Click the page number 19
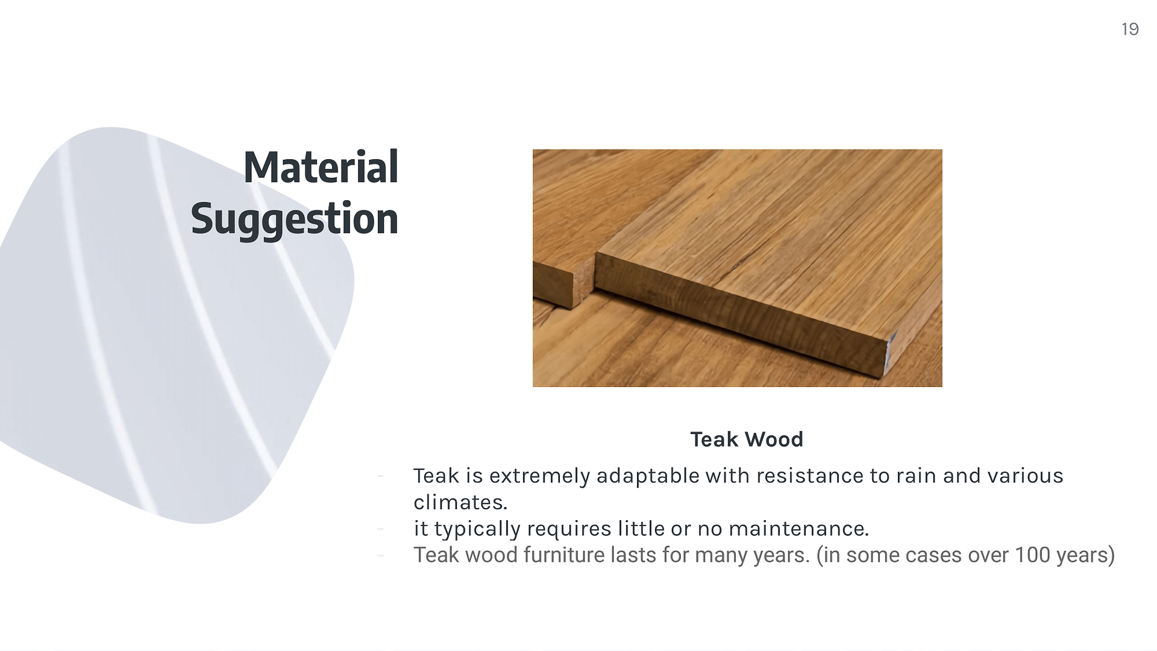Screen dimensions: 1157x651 (1130, 29)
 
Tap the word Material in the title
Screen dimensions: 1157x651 (321, 167)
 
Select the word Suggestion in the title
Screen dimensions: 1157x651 (295, 219)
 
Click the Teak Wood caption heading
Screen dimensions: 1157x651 (747, 439)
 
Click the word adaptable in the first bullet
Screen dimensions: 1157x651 (648, 476)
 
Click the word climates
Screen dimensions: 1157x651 (460, 502)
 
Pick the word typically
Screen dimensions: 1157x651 (477, 529)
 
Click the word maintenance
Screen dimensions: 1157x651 (798, 529)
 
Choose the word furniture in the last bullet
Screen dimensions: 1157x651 (563, 555)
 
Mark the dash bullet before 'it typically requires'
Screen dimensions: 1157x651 (380, 529)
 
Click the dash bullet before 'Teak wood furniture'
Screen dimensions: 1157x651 (380, 555)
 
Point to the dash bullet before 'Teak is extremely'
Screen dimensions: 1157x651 (380, 476)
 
